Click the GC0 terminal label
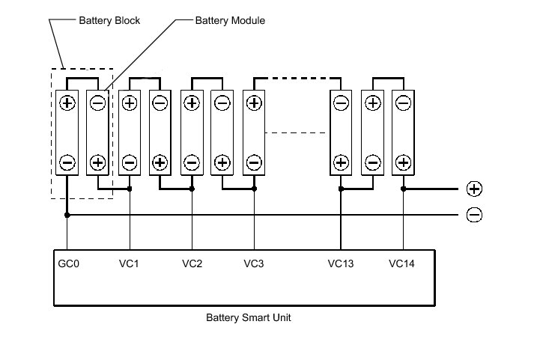67,263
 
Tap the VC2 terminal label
192,263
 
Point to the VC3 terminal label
255,263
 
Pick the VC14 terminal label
402,263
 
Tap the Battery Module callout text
230,20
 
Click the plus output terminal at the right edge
474,189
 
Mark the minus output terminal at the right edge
474,216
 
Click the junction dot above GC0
67,216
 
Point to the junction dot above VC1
130,189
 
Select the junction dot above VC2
192,189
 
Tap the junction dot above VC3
255,189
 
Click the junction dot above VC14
403,189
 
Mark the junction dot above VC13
341,189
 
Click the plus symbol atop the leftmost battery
67,103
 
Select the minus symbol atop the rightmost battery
403,103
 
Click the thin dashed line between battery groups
297,133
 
